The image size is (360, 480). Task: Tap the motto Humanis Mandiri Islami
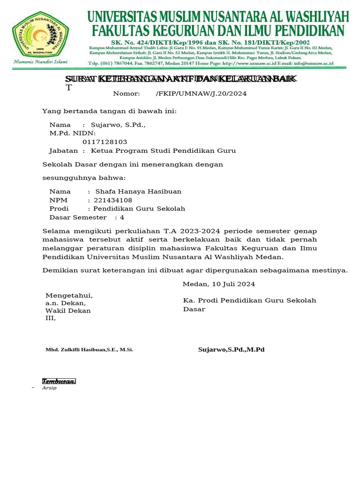coord(40,62)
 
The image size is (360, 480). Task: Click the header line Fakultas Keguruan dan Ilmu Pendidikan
coord(218,31)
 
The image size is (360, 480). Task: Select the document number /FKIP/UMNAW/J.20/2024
coord(201,94)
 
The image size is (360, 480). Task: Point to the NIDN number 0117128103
coord(105,142)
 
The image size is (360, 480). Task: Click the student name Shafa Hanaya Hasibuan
coord(138,192)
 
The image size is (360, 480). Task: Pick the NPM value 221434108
coord(113,200)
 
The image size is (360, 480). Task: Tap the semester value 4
coord(122,217)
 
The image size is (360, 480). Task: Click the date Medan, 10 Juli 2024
coord(218,284)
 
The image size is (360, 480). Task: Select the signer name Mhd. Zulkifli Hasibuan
coord(89,350)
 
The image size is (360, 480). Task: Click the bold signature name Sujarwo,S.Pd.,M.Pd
coord(231,350)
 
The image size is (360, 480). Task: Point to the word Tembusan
coord(59,381)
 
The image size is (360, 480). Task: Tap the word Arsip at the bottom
coord(49,388)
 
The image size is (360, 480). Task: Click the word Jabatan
coord(63,151)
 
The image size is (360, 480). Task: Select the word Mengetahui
coord(69,295)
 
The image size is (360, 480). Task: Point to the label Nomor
coord(127,94)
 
